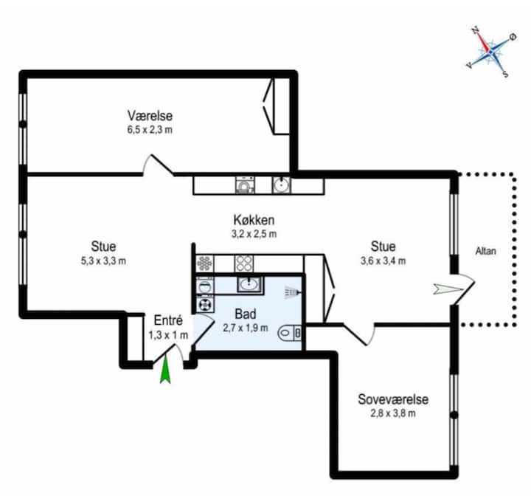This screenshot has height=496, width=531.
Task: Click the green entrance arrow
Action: pos(165,370)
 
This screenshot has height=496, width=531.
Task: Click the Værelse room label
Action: pos(150,116)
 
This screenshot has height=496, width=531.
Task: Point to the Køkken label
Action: pos(254,221)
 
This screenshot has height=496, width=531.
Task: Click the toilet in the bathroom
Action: pos(290,334)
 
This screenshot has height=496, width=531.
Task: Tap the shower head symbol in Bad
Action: pos(292,292)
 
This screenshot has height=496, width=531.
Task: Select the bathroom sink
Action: pos(249,284)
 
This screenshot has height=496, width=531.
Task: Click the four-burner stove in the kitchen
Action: pos(244,263)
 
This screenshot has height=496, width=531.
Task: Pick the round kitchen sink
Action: pos(281,185)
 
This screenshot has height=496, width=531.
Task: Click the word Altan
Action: pos(485,250)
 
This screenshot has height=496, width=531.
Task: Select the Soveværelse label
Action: pos(393,399)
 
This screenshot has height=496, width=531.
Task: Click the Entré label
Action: pos(168,320)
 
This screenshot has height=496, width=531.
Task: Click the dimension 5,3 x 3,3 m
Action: pos(103,260)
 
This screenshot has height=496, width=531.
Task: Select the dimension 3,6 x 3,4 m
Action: pos(383,260)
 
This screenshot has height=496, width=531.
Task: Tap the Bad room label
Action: pos(245,314)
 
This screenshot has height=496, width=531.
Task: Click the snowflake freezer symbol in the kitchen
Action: pos(204,263)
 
